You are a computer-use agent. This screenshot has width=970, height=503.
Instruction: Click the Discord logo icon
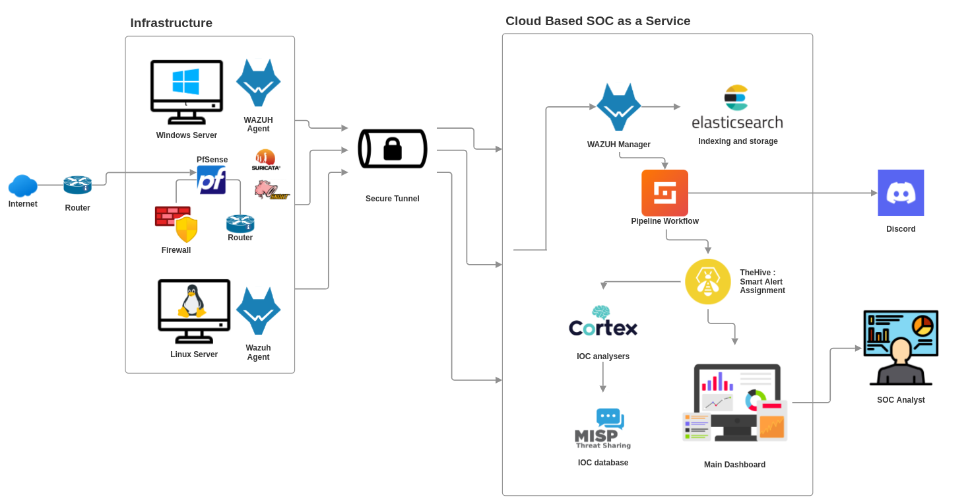pos(901,193)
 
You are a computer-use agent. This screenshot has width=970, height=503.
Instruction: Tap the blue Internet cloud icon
pos(22,185)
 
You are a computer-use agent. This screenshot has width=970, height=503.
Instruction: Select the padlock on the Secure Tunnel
pos(393,149)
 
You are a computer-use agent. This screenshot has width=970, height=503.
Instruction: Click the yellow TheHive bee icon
pos(707,282)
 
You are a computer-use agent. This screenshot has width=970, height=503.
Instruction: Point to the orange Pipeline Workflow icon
pos(664,193)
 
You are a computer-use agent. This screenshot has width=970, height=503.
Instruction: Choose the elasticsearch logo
pos(737,107)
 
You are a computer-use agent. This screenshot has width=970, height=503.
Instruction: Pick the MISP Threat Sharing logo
pos(601,429)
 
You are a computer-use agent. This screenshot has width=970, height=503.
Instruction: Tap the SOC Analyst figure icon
pos(901,348)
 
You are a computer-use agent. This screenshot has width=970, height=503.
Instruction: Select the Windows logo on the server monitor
pos(186,82)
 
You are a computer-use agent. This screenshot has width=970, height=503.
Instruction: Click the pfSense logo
pos(211,180)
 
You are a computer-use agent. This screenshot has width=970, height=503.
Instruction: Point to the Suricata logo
pos(266,160)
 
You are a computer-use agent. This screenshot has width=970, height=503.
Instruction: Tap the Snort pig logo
pos(271,190)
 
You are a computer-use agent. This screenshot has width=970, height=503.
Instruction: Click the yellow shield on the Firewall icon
pos(187,230)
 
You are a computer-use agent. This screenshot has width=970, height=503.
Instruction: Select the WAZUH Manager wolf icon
pos(618,107)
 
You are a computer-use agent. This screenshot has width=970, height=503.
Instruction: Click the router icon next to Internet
pos(77,185)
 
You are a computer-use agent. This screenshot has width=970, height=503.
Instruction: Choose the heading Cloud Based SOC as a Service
pos(598,21)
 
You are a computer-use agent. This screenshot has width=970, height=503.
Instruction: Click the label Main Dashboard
pos(734,465)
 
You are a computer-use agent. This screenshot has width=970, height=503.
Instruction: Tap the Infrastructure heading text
pos(171,23)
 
